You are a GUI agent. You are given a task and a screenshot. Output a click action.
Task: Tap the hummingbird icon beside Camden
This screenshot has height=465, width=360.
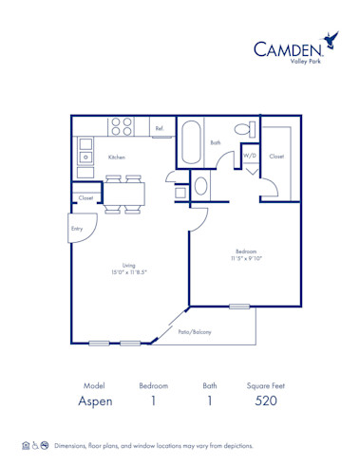point(331,40)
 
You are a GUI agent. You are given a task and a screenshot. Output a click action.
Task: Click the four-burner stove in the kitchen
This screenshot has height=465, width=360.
point(121,125)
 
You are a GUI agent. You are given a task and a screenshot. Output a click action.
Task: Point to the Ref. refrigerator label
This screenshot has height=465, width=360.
point(160,128)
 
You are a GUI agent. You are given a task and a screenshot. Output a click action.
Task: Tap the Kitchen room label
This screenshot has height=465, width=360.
point(116,157)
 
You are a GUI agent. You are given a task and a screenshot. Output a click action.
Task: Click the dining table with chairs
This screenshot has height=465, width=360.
point(124,192)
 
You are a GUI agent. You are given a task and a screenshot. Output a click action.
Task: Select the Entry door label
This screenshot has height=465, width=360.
point(76,229)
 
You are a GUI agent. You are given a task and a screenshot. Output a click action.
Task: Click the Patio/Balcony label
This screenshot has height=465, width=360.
point(195,332)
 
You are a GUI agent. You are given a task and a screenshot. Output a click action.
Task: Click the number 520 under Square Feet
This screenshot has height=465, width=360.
point(265,402)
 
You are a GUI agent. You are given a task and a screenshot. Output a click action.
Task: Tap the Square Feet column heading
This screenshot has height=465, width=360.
point(265,386)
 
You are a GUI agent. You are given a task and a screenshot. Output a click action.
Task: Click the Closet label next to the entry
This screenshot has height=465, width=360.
point(85,198)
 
